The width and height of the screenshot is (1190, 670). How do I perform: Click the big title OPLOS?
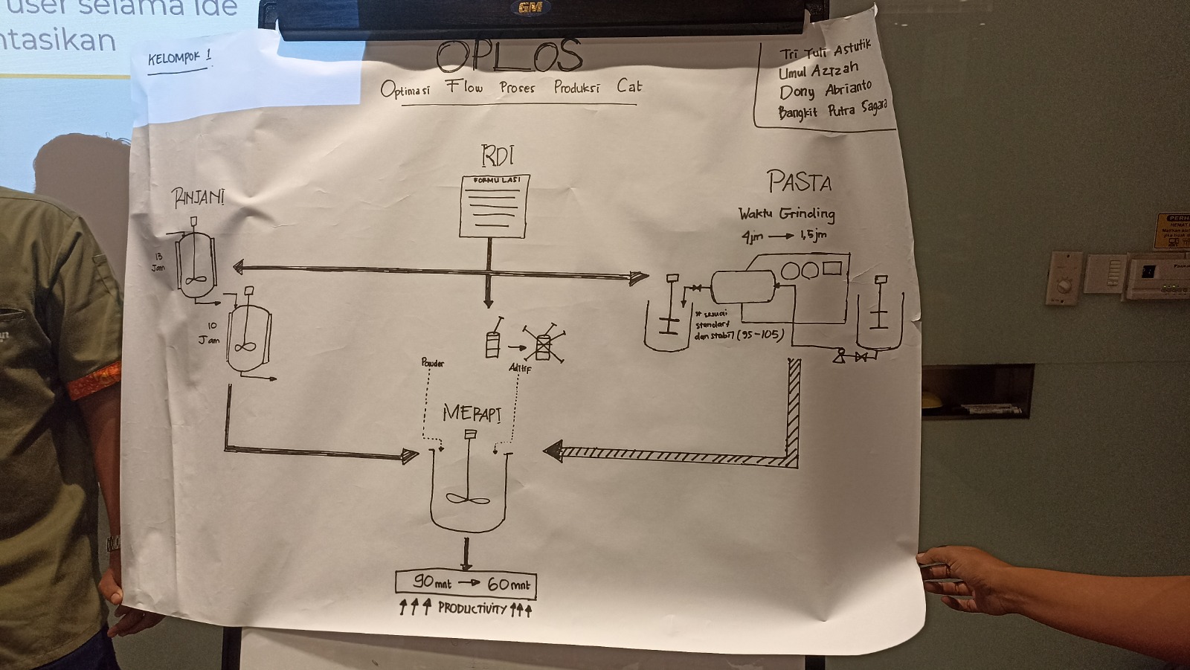(509, 56)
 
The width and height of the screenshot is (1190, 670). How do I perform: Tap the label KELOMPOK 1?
(179, 58)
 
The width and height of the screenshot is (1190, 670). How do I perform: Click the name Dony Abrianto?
(825, 91)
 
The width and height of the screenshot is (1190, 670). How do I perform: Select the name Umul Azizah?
(818, 71)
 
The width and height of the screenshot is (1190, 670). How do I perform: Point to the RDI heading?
(498, 156)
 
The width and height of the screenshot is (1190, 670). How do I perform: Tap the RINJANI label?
(198, 198)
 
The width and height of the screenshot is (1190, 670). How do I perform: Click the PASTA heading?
(800, 181)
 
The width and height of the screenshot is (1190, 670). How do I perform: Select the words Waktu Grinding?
(786, 214)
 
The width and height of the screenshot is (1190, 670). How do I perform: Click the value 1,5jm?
(813, 236)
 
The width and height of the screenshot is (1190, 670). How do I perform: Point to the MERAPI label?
(471, 413)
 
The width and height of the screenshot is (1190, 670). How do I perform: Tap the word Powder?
(432, 363)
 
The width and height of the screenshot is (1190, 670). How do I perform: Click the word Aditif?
(520, 368)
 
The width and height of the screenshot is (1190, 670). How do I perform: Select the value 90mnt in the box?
(432, 584)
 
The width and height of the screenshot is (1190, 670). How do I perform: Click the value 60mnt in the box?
(509, 584)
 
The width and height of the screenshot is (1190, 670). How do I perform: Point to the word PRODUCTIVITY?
(472, 609)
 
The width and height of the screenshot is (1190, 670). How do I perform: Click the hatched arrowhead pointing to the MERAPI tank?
(553, 451)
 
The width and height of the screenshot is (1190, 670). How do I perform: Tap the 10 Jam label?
(210, 333)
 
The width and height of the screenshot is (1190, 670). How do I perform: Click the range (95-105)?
(760, 335)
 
